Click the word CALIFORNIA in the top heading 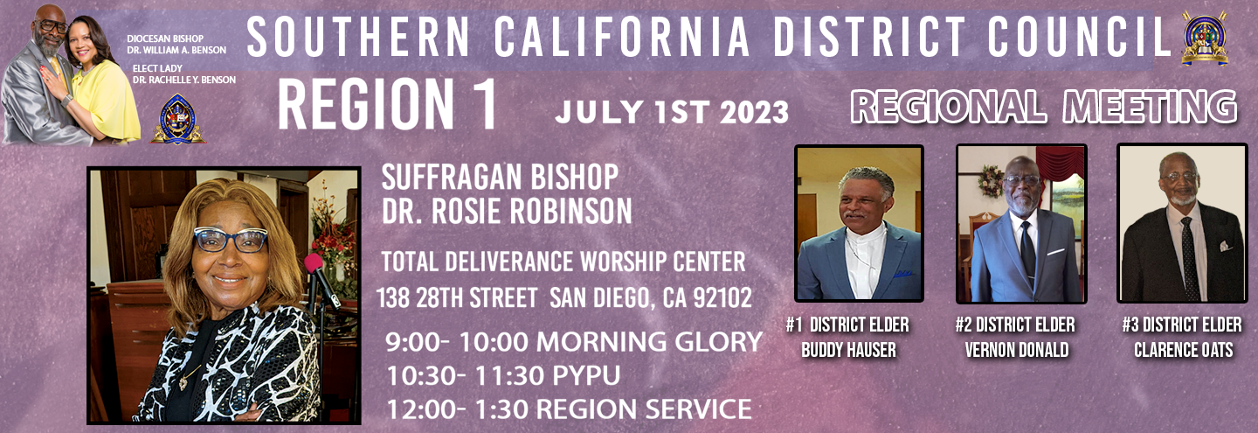[622, 37]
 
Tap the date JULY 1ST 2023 [672, 112]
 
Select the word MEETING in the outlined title [1151, 107]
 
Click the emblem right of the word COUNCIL [1205, 38]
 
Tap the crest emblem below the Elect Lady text [177, 119]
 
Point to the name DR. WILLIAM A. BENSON [176, 50]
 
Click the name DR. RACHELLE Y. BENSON [184, 80]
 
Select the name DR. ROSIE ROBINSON [507, 212]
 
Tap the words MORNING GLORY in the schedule [649, 342]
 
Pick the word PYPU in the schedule [586, 375]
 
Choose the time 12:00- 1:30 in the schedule [457, 409]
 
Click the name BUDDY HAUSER [848, 350]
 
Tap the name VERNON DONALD [1017, 350]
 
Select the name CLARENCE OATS [1183, 350]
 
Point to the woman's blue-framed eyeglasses [231, 240]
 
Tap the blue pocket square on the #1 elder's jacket [902, 274]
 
